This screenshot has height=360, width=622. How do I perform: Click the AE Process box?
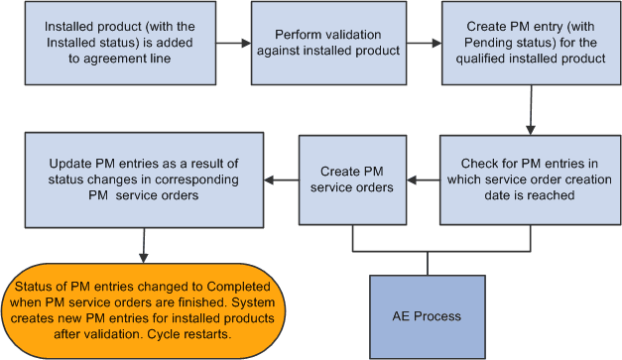(x=428, y=314)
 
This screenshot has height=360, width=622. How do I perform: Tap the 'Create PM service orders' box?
(x=353, y=180)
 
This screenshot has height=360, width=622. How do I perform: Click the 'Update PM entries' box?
(x=145, y=180)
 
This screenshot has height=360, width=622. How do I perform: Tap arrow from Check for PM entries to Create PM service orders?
(x=426, y=181)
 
